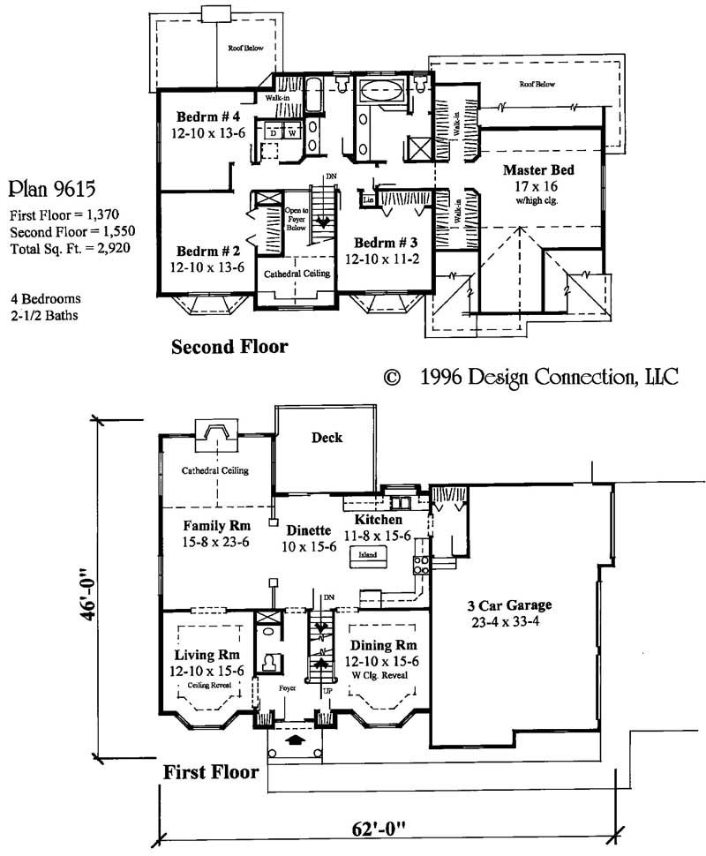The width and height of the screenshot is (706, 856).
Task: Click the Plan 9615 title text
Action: coord(53,189)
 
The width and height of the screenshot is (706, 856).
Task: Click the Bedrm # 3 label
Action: coord(386,243)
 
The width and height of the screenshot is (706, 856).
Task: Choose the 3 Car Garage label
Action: coord(509,605)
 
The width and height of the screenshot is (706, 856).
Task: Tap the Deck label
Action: coord(327,438)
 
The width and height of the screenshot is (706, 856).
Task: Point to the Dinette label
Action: coord(308,530)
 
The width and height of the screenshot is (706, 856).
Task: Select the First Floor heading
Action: coord(211,773)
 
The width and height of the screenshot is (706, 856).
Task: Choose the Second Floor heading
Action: coord(229,347)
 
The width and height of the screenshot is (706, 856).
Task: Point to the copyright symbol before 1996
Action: coord(394,378)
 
